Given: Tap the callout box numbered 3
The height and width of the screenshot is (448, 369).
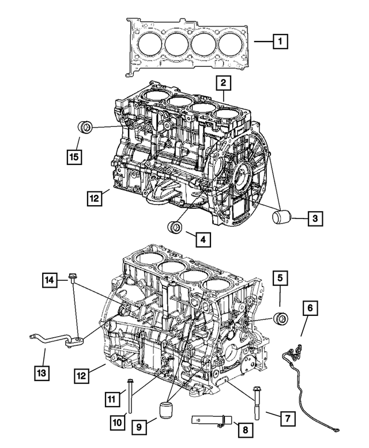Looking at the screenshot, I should click(x=315, y=219).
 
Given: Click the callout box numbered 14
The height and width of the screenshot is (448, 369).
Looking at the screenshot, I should click(x=51, y=281).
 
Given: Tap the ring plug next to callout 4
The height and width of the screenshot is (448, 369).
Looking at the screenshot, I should click(x=175, y=227).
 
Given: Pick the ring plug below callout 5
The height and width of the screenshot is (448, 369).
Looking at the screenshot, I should click(x=283, y=318).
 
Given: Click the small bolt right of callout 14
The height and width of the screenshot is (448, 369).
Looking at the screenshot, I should click(x=72, y=278).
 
